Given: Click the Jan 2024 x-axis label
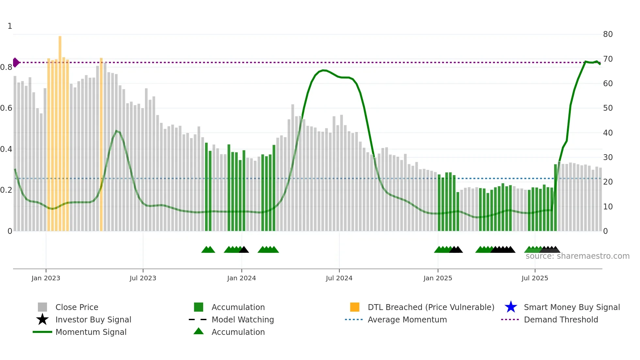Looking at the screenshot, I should tap(241, 278).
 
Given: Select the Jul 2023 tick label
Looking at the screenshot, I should tap(143, 278).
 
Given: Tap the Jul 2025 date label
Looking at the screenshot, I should tap(535, 278).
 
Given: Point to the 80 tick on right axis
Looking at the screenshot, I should tap(608, 34).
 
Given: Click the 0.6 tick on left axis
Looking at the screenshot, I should tap(6, 108).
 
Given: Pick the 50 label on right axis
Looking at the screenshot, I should tap(608, 108).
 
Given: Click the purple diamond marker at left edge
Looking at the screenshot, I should tap(16, 62).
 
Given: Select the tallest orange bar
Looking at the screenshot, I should tap(60, 131).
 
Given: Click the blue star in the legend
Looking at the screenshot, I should tap(511, 307).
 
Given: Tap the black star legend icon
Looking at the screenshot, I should tap(42, 319).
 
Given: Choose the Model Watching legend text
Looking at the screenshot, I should tap(243, 319).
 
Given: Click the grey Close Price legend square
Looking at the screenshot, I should tap(42, 307).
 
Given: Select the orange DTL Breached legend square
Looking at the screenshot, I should tap(355, 307).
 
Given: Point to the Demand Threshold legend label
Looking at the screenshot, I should tap(561, 319).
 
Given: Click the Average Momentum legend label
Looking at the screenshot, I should tap(407, 319).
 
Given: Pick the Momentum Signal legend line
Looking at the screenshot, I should tap(42, 332).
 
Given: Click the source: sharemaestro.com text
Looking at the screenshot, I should tap(577, 256).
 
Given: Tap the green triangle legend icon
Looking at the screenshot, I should tap(199, 331).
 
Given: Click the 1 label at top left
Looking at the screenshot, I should tap(10, 26).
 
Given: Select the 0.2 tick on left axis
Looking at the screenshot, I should tap(6, 190).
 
